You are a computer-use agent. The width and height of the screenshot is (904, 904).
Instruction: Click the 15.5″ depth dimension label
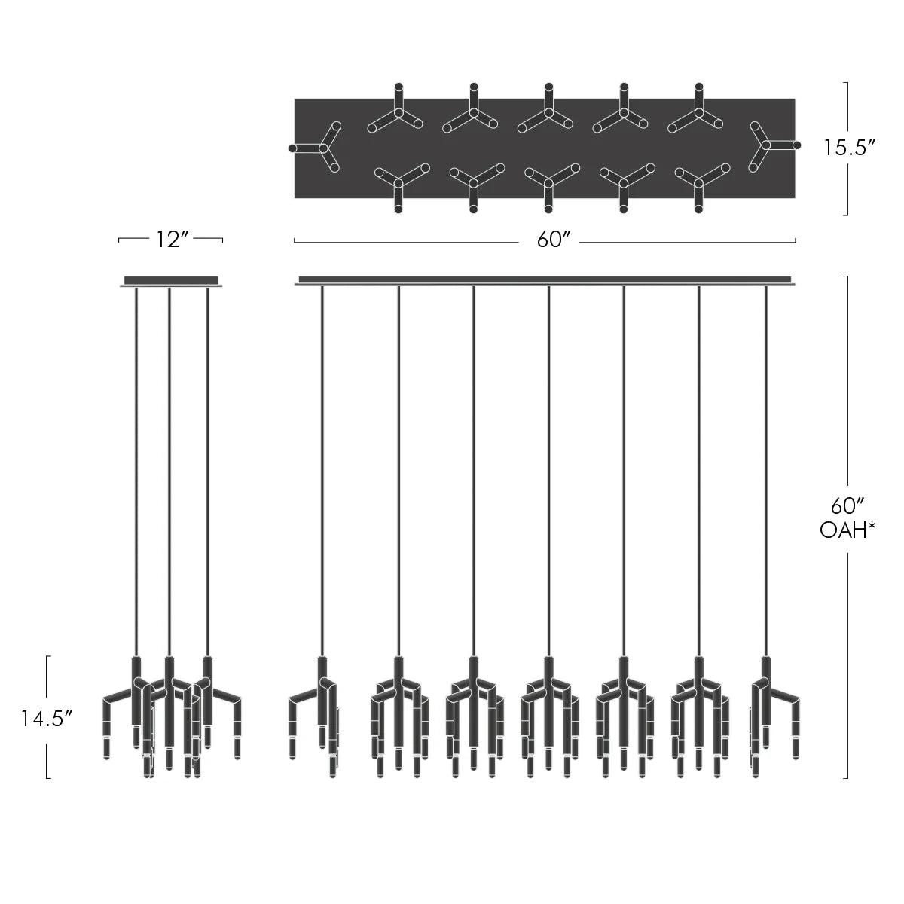848,148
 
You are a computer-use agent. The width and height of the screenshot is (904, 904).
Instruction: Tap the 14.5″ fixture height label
47,717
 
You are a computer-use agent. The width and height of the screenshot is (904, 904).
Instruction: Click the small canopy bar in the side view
170,280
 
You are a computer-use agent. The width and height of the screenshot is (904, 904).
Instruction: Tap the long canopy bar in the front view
545,280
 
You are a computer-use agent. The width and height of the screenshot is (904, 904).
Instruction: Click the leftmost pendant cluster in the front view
315,712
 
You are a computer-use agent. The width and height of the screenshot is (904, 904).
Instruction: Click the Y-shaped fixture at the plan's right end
767,145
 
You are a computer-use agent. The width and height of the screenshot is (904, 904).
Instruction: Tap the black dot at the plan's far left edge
292,148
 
